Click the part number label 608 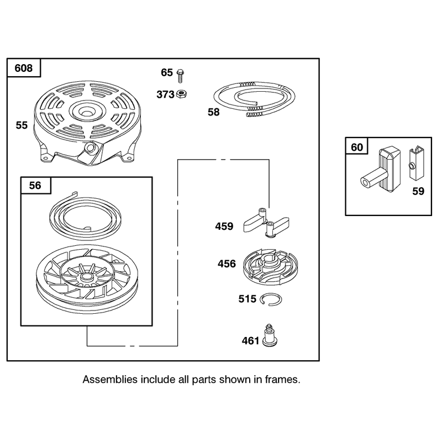(23, 68)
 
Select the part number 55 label (22, 125)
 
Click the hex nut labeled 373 (182, 94)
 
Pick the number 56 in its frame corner (35, 186)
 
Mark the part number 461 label (250, 341)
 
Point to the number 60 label (357, 147)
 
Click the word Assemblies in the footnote (109, 380)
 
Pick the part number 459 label (224, 227)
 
